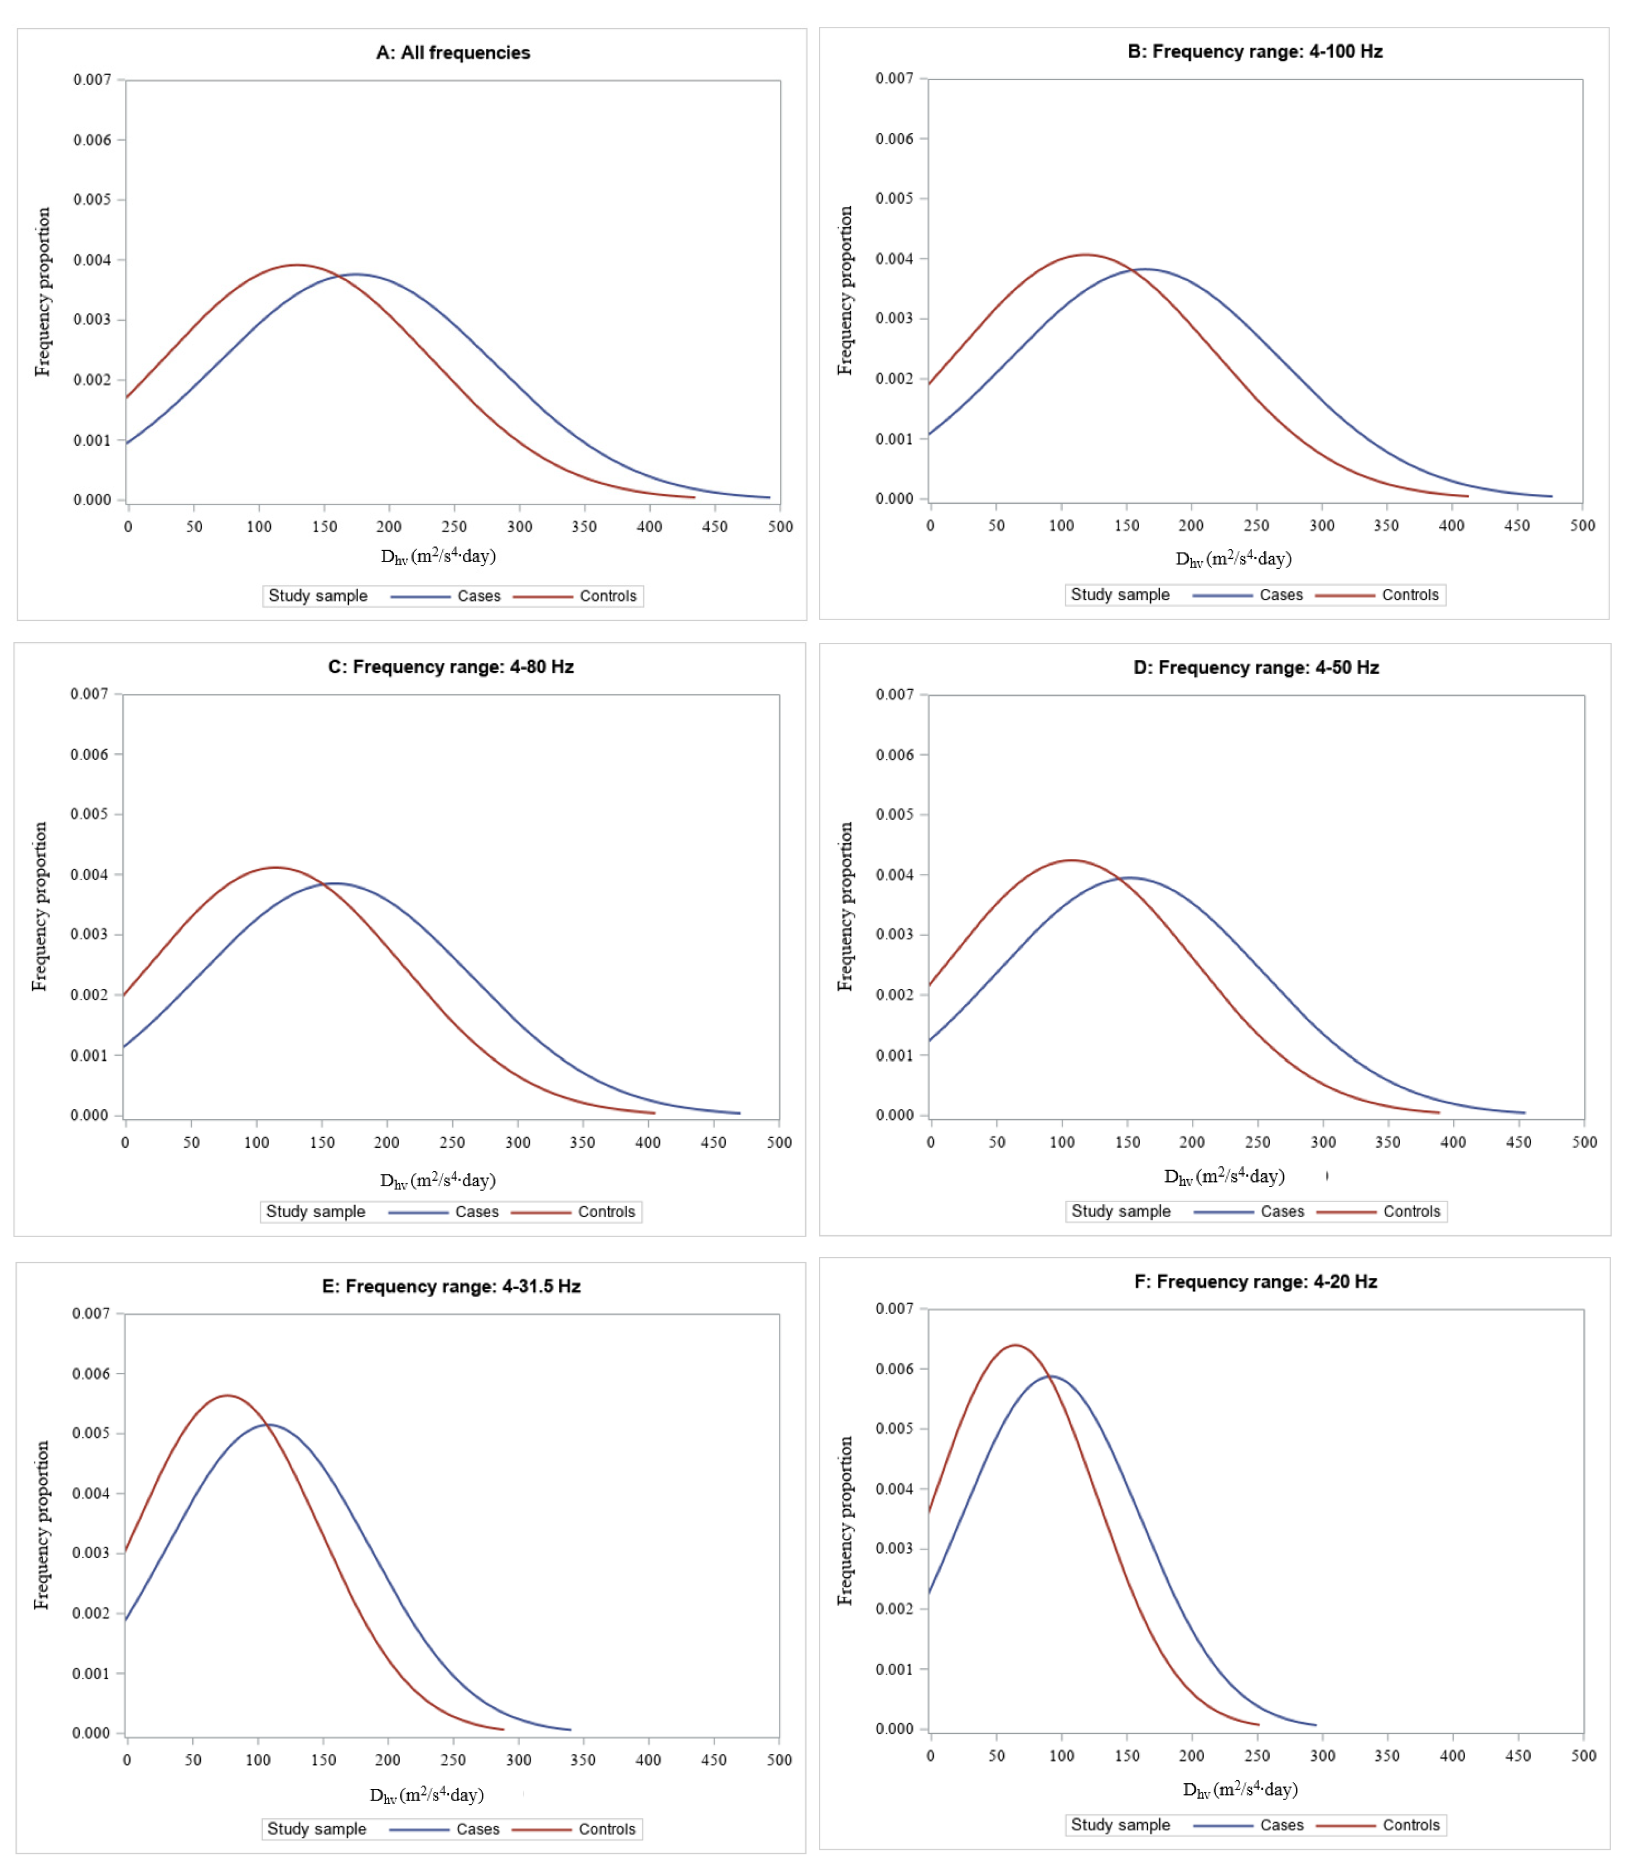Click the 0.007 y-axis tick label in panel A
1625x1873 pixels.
[92, 80]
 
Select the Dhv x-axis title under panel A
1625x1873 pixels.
[438, 556]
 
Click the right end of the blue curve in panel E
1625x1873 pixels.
[571, 1729]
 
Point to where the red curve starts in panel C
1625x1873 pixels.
[124, 996]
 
